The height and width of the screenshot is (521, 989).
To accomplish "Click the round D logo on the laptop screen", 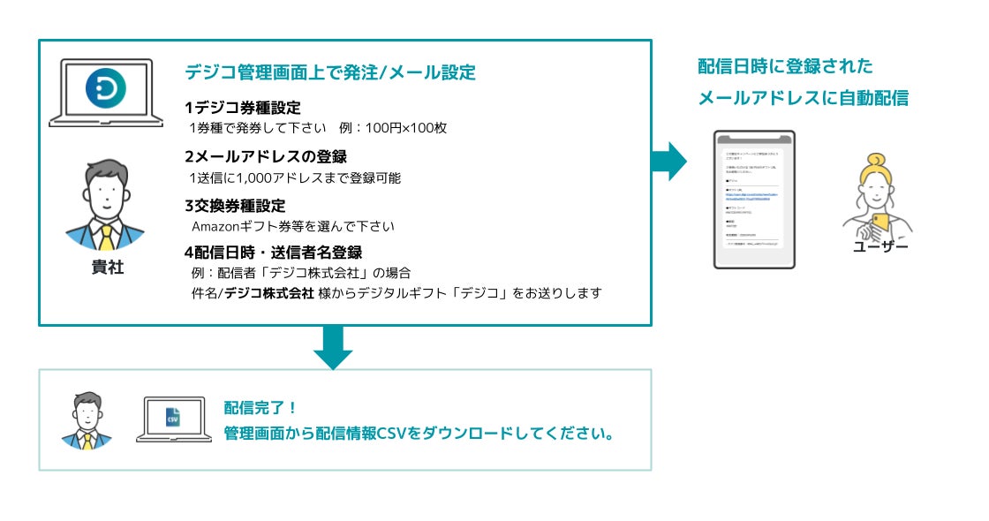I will click(105, 88).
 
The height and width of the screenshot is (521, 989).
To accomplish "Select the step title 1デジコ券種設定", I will click(243, 108).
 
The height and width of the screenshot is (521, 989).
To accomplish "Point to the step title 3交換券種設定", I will click(235, 206).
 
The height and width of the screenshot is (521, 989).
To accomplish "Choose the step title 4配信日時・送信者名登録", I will click(273, 253).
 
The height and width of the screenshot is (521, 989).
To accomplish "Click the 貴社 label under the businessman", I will click(108, 268).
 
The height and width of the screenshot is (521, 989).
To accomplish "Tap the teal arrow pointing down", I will click(333, 347).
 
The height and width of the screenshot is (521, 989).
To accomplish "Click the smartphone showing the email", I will click(754, 199).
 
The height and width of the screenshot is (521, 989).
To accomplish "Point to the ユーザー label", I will click(880, 246).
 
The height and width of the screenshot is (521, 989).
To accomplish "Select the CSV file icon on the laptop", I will click(173, 417).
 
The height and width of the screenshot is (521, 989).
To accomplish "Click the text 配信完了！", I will click(261, 408).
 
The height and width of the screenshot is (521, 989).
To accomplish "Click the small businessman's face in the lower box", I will click(87, 409).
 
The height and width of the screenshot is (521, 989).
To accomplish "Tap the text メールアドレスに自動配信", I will click(803, 98).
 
